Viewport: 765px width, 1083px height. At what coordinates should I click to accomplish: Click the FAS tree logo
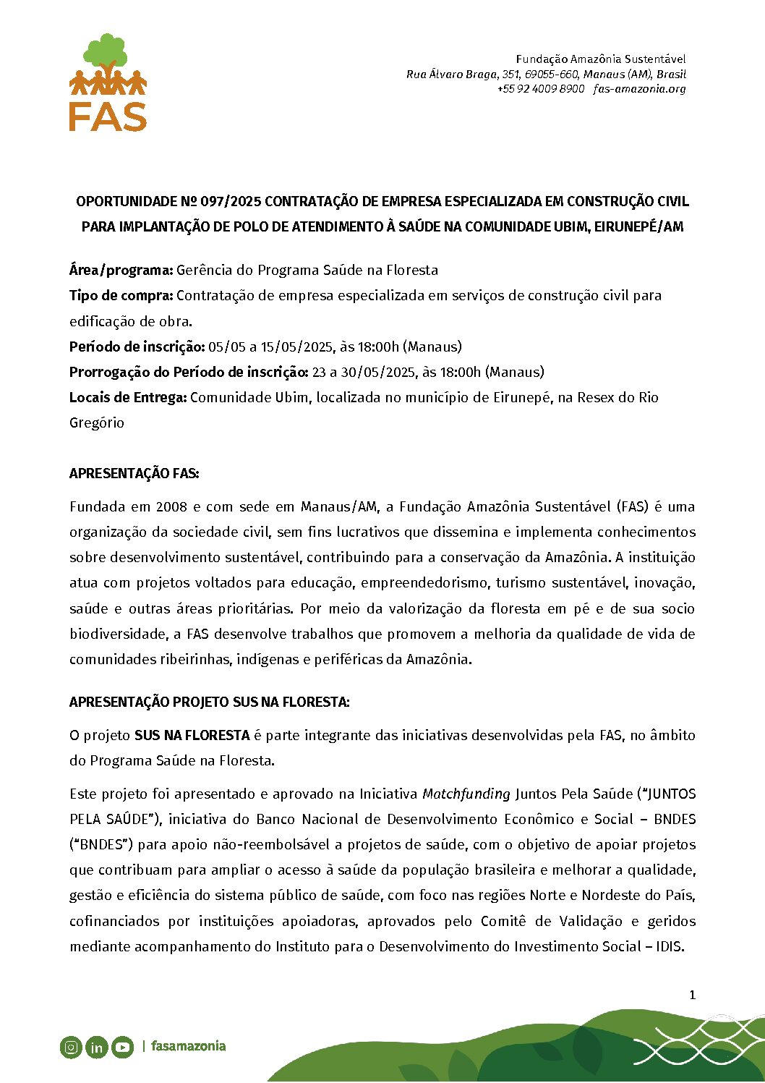[x=108, y=82]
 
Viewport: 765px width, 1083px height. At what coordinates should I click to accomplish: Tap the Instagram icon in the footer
[x=71, y=1046]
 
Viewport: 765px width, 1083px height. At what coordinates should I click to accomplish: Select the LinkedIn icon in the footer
[x=96, y=1046]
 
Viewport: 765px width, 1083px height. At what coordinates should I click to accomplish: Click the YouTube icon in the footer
[x=122, y=1046]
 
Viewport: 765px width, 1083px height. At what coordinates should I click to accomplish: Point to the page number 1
[x=692, y=995]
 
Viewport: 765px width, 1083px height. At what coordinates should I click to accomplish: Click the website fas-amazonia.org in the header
[x=639, y=89]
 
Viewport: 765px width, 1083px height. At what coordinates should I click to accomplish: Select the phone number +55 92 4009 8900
[x=541, y=89]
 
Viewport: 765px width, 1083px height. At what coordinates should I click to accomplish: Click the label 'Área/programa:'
[x=121, y=271]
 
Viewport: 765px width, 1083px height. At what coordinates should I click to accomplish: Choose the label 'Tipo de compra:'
[x=121, y=296]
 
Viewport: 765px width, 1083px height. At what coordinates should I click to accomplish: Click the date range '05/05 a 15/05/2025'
[x=270, y=347]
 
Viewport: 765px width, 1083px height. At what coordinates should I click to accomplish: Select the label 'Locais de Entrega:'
[x=128, y=397]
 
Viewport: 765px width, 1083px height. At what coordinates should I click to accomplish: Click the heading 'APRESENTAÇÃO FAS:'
[x=134, y=474]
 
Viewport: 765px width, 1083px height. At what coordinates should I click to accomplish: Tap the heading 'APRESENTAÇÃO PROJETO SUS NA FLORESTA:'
[x=209, y=702]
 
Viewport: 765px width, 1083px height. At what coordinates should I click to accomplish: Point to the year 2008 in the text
[x=171, y=506]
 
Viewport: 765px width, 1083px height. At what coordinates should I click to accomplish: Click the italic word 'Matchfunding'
[x=466, y=794]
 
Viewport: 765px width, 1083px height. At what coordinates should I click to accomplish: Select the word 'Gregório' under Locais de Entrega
[x=97, y=423]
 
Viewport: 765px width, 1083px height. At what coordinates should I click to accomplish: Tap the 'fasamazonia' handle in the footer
[x=189, y=1046]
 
